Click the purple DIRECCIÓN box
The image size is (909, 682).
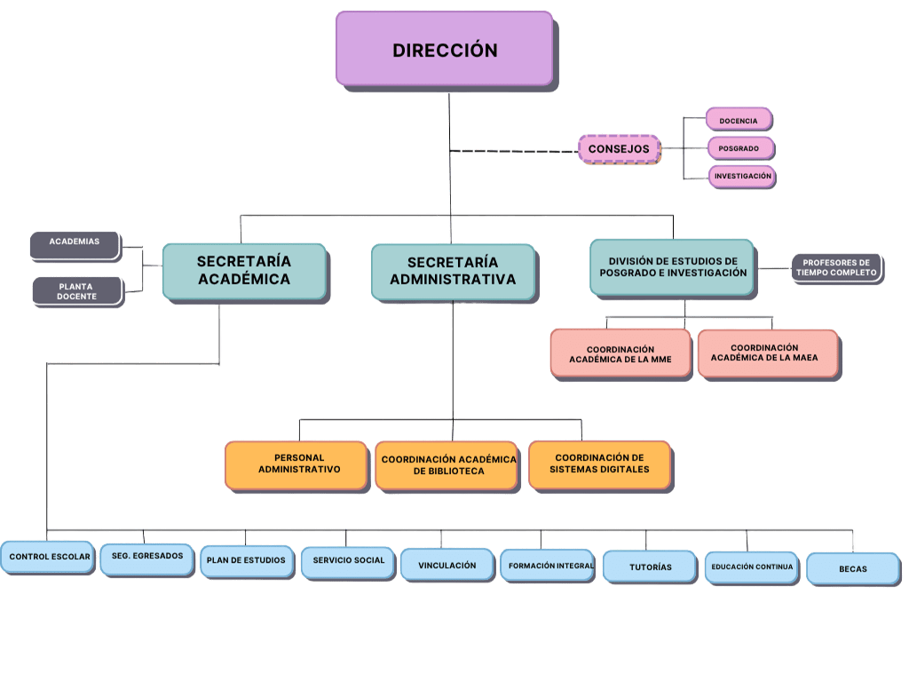coord(445,49)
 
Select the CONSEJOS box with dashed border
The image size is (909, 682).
coord(619,149)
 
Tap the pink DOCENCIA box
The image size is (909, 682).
coord(739,120)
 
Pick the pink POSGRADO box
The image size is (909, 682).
coord(740,148)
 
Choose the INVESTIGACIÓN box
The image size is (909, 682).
coord(742,176)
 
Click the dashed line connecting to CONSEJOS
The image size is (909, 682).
coord(514,151)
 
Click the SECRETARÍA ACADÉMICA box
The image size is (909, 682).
coord(245,272)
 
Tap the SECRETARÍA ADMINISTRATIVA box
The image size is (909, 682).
coord(453,272)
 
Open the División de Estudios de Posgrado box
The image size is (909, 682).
coord(673,267)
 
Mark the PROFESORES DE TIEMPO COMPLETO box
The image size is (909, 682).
coord(836,268)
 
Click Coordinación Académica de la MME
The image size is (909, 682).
coord(620,353)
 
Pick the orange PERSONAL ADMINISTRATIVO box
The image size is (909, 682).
coord(296,465)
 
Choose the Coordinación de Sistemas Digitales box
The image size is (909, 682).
coord(600,465)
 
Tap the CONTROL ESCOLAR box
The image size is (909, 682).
coord(48,558)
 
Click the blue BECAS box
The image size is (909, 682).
coord(853,568)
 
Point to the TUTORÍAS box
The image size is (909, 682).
coord(650,567)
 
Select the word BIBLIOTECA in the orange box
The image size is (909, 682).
coord(448,471)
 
